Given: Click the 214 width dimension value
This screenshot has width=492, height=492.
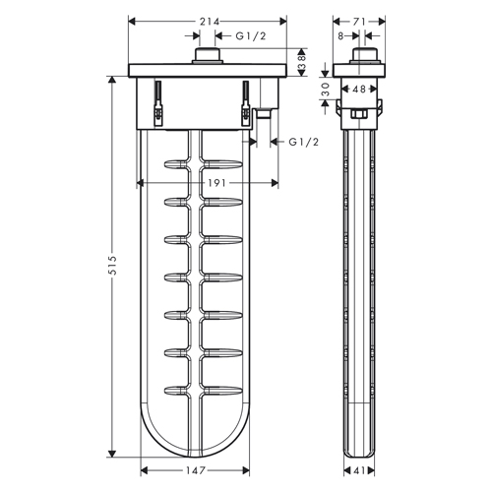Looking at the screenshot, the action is coord(210,22).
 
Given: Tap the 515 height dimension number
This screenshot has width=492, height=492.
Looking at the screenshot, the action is coord(112,266).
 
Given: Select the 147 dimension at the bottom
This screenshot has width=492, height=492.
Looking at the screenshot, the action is coord(196,470).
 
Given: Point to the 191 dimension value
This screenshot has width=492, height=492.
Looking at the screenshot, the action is coord(216,183).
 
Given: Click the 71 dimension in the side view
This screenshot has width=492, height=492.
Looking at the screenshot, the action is coord(359,22).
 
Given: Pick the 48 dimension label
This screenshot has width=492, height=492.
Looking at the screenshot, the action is coord(359,89).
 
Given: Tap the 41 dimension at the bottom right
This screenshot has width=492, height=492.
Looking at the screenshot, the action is coord(359,470).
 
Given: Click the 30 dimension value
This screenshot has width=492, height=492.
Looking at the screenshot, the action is coord(325,89).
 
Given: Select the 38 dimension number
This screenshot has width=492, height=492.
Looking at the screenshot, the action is coord(302,62).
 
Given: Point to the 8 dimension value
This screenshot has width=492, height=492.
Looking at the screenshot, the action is coord(340,35).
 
